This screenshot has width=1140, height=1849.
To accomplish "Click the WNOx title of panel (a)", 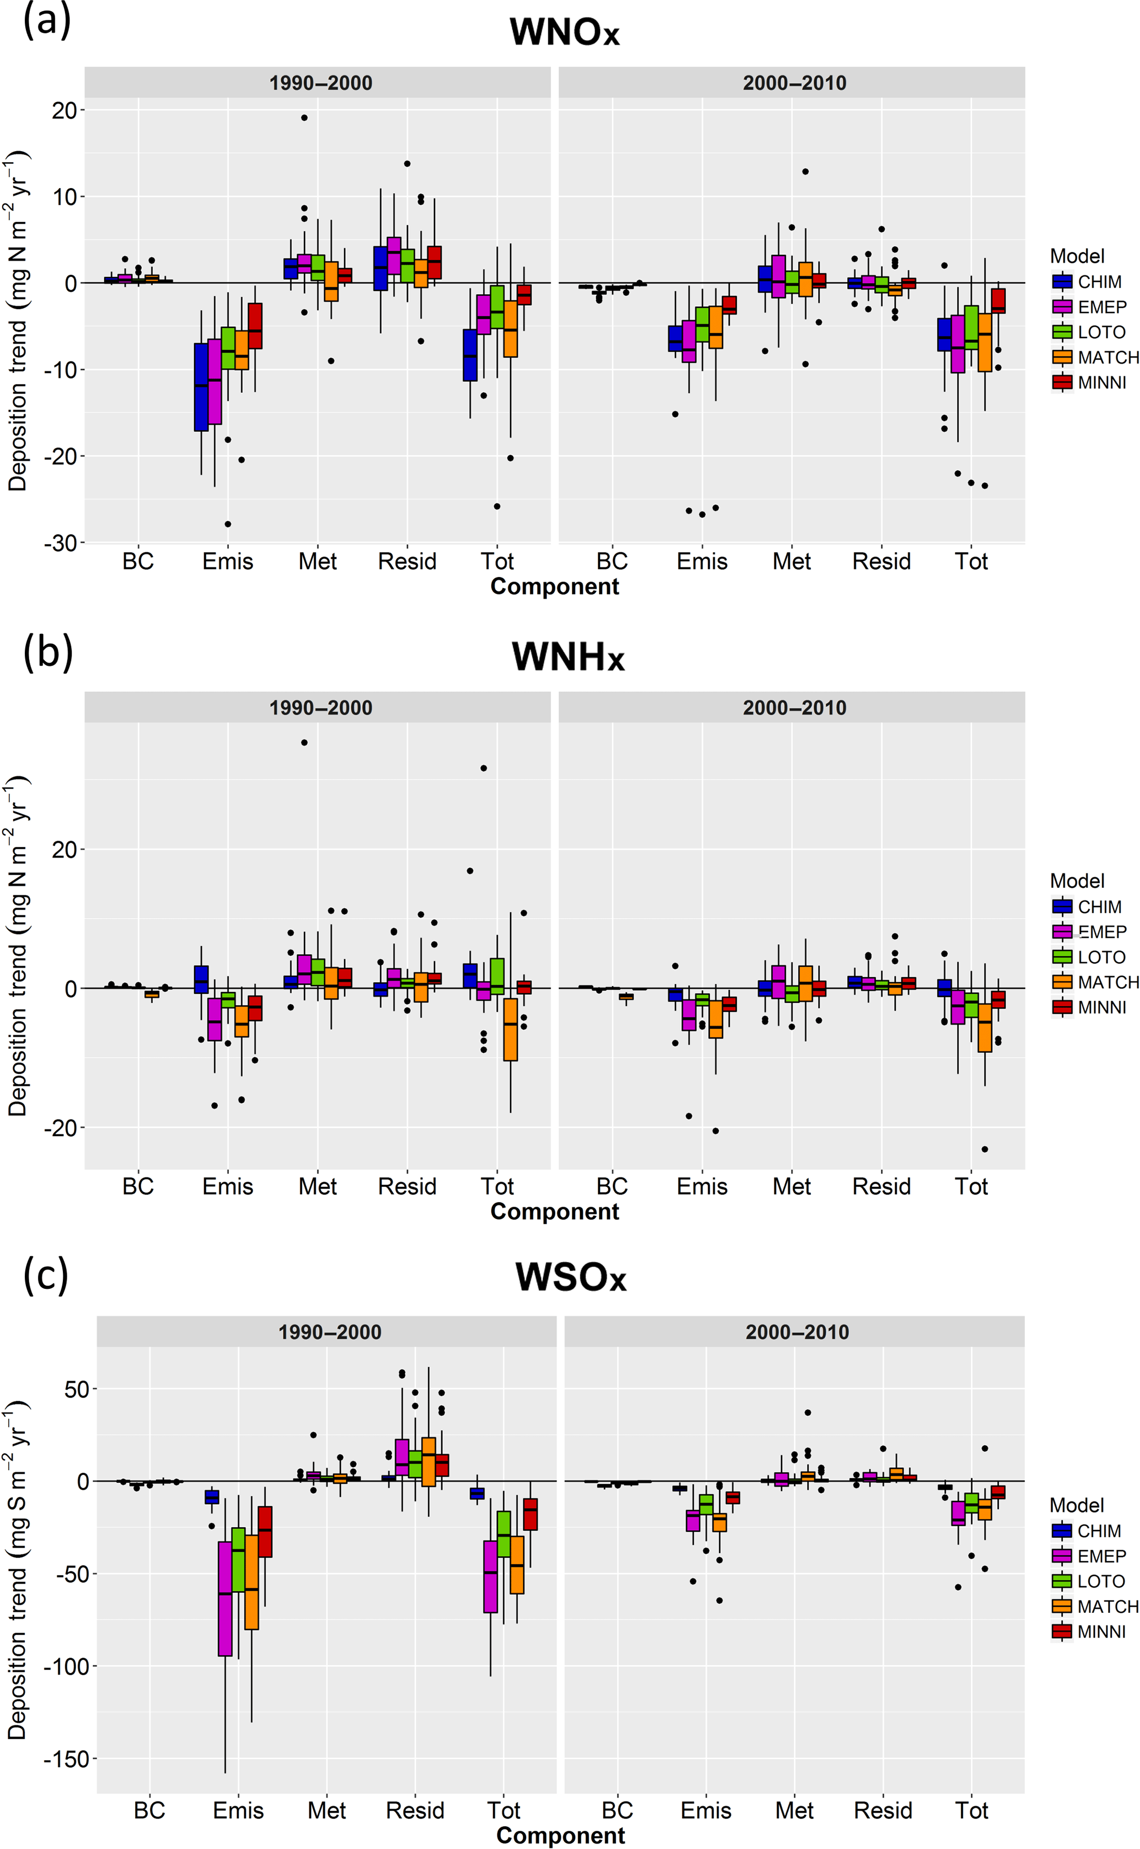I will click(x=564, y=33).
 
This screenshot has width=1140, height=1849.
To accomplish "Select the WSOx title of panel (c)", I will click(x=571, y=1277).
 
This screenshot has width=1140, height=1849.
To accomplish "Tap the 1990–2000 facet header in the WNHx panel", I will click(x=320, y=708).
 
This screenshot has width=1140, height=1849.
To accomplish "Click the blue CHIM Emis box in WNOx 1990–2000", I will click(x=201, y=387).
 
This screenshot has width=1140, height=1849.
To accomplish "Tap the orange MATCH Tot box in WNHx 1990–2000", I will click(x=511, y=1029).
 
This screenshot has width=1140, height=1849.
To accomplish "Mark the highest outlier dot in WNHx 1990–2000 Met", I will click(x=304, y=743).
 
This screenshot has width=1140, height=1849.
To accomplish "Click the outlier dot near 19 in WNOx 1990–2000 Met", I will click(x=304, y=118).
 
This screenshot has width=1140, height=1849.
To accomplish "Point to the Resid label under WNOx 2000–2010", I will click(x=881, y=562).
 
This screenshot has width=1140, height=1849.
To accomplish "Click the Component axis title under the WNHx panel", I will click(x=554, y=1212).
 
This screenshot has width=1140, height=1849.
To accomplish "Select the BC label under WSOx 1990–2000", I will click(x=149, y=1810).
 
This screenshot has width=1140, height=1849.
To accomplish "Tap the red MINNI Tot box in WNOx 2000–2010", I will click(x=998, y=301).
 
